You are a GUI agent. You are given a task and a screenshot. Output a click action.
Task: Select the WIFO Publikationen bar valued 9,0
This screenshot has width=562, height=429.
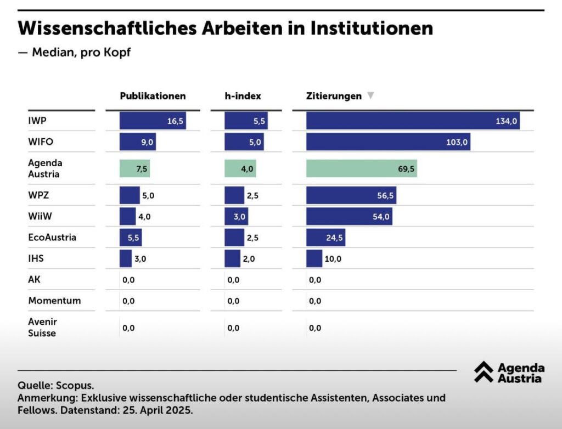click(138, 142)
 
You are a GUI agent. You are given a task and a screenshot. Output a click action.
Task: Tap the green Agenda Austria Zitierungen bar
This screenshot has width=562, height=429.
click(362, 168)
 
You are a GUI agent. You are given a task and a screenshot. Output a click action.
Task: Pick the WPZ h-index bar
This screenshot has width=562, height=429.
click(234, 195)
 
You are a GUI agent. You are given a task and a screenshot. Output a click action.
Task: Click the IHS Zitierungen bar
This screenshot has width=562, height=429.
click(314, 258)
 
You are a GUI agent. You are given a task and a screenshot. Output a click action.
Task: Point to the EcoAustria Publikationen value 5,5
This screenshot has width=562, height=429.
click(127, 238)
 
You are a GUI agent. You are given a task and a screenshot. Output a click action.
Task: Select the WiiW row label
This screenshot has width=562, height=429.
click(40, 216)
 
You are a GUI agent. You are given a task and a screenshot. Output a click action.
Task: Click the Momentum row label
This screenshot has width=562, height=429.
click(54, 301)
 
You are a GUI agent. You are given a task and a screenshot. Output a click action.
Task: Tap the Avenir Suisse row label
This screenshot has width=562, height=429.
click(42, 327)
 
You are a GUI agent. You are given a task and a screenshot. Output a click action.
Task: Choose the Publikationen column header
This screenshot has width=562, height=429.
click(153, 96)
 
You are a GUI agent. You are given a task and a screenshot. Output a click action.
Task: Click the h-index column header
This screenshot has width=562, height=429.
click(243, 96)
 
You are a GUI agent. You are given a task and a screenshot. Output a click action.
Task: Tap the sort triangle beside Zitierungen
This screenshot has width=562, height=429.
click(370, 96)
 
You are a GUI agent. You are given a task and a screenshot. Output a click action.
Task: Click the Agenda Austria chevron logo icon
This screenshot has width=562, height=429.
click(484, 372)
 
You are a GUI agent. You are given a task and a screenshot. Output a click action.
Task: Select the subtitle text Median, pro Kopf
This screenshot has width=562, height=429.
click(81, 53)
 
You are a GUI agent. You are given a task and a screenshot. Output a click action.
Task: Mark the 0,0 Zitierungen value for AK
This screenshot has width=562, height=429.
click(315, 280)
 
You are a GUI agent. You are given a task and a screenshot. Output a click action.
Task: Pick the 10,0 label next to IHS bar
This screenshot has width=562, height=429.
click(333, 258)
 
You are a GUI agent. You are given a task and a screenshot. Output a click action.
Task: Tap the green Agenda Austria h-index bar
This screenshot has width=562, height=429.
click(240, 168)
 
